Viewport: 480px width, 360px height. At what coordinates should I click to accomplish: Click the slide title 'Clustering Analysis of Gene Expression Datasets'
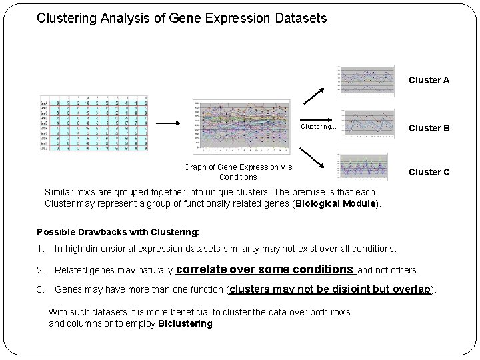181,19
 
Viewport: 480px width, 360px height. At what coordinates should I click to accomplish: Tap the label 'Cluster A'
429,80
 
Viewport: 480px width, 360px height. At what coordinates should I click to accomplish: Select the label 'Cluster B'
429,128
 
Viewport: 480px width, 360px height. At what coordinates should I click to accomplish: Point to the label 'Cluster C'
429,172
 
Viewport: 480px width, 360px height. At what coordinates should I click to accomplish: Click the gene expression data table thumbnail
94,124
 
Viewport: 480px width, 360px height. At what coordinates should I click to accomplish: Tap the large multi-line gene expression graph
241,129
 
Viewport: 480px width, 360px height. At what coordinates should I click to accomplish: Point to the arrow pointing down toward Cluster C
316,159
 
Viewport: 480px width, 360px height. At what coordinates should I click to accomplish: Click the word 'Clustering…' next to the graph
319,126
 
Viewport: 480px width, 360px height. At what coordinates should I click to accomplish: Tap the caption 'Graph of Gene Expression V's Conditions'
238,172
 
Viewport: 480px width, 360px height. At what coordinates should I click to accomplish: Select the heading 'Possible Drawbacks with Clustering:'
117,232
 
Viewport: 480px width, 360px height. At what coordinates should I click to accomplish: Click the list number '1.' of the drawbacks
41,249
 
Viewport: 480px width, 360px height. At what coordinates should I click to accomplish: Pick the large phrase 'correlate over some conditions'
266,269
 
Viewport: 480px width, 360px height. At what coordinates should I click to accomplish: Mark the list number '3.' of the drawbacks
41,290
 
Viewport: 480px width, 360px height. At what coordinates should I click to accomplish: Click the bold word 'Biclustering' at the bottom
185,324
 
